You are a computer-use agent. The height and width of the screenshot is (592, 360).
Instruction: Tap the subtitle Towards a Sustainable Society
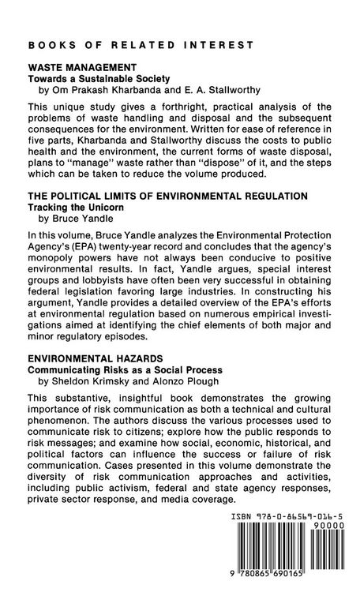98,81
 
